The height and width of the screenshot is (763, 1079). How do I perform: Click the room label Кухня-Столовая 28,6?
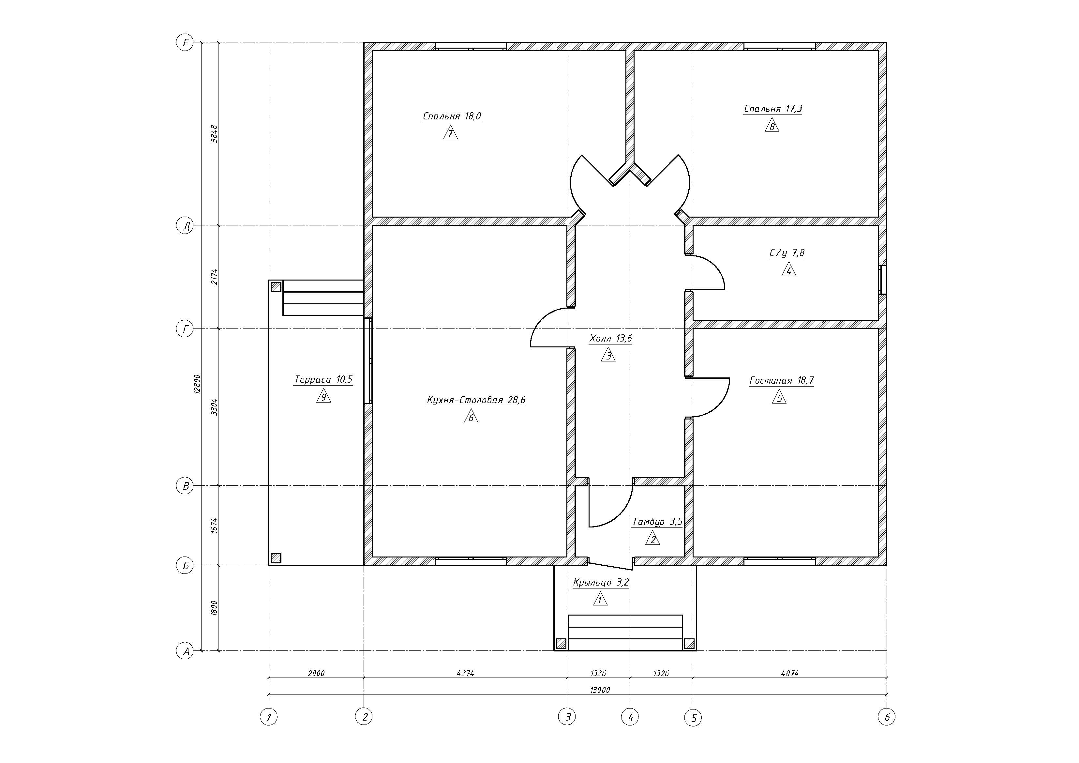coord(476,400)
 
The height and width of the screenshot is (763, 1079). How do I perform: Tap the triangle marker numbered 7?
coord(450,133)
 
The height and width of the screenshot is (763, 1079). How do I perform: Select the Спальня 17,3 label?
coord(773,109)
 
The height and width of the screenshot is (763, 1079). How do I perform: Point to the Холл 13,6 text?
coord(610,338)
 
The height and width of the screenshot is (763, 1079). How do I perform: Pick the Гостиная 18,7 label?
coord(782,380)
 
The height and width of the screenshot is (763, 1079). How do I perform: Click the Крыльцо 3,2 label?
coord(601,583)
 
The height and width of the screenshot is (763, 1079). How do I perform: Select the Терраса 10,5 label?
coord(323,379)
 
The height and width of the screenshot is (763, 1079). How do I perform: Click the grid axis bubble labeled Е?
coord(185,43)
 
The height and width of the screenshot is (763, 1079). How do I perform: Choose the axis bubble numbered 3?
coord(567,717)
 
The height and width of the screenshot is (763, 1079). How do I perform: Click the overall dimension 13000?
coord(600,690)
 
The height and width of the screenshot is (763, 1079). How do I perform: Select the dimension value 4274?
coord(465,673)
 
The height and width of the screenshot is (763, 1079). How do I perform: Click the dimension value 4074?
coord(789,673)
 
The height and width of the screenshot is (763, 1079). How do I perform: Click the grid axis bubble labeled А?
coord(185,651)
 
